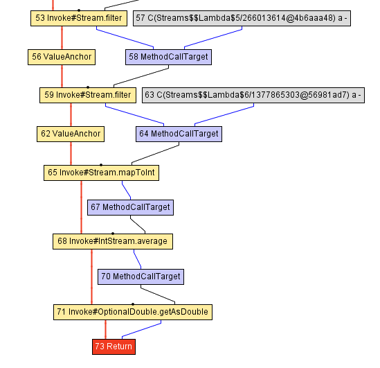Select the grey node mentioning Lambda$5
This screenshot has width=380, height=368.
[241, 19]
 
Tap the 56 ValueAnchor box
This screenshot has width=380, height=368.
[62, 57]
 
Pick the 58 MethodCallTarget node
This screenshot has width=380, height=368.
[169, 57]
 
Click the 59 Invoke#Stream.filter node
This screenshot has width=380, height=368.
[88, 95]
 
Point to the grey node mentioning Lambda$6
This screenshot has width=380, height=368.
[253, 95]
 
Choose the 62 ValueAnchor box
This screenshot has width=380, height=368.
[70, 134]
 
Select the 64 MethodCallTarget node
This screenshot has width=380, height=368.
[179, 134]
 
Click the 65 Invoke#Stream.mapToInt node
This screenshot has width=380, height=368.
[101, 173]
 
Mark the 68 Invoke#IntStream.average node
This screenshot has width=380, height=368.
[113, 241]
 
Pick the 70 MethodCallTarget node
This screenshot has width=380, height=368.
[141, 277]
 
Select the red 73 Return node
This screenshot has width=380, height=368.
[114, 346]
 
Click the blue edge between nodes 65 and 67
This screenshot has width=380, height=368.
[126, 189]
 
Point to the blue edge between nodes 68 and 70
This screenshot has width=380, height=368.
[136, 259]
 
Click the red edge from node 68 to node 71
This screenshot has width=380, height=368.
[91, 277]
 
